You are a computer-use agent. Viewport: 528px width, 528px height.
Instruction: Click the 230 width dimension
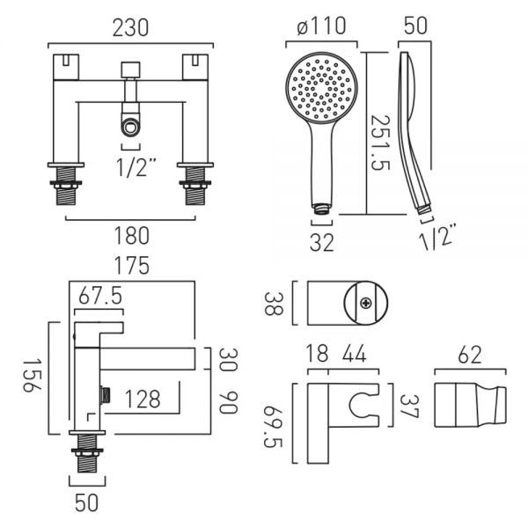click(x=130, y=28)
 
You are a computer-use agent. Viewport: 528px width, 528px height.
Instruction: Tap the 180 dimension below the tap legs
click(x=131, y=236)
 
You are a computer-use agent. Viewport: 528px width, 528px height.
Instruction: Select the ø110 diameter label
click(x=321, y=26)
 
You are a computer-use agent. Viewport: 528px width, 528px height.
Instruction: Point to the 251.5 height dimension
click(x=380, y=143)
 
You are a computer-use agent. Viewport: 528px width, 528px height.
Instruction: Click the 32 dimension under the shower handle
click(x=322, y=243)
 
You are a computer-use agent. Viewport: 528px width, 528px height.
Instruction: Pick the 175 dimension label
click(x=132, y=266)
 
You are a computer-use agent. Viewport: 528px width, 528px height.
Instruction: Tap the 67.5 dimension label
click(x=100, y=297)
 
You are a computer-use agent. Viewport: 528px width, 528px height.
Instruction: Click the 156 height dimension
click(x=32, y=376)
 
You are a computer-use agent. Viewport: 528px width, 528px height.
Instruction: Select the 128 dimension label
click(x=143, y=400)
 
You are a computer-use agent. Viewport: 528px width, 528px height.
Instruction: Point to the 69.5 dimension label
click(x=273, y=427)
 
